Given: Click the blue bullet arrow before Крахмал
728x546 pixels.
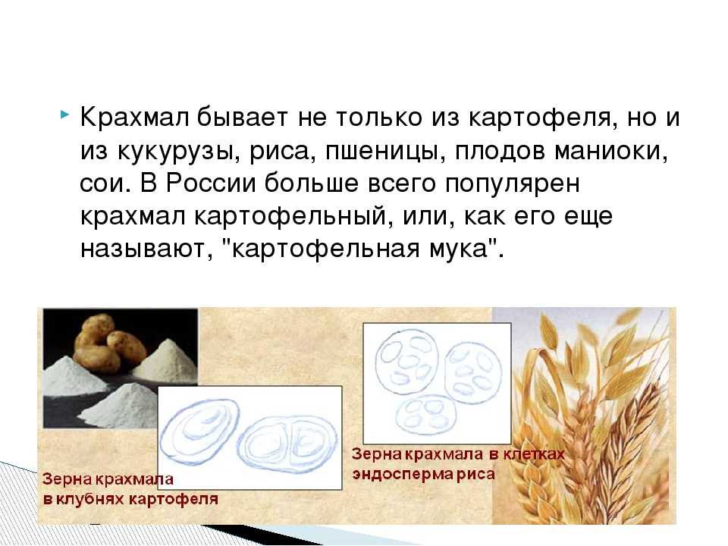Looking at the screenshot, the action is (x=64, y=114).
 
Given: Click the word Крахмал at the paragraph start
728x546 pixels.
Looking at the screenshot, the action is (x=134, y=117).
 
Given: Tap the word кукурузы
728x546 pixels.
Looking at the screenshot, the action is (x=178, y=152).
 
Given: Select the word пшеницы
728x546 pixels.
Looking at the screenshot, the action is (x=381, y=152).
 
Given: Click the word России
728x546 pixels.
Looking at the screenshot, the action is (x=212, y=184).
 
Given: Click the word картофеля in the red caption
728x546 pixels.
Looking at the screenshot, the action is (x=173, y=500).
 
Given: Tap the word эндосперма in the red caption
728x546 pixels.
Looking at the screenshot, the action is (x=403, y=475).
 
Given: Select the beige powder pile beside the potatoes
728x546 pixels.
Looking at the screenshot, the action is (x=165, y=359).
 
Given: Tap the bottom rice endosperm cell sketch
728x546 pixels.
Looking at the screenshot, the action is (x=425, y=415).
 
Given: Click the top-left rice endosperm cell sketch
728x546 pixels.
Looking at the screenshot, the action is (x=406, y=362).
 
